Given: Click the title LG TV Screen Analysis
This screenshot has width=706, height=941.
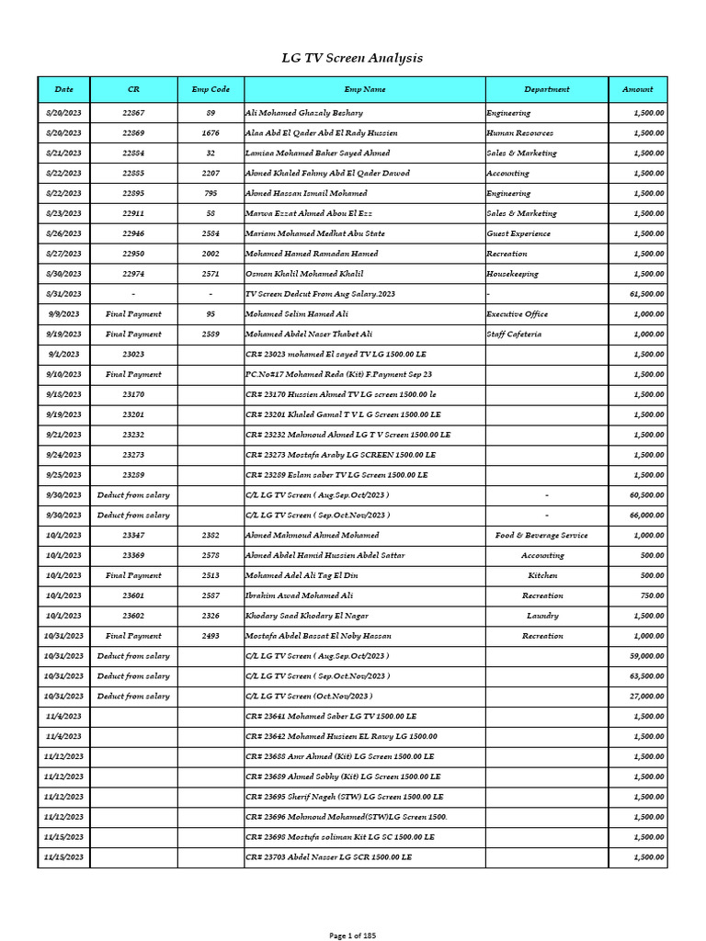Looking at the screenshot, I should [x=352, y=58].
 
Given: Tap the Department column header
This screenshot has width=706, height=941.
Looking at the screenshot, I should [x=547, y=89].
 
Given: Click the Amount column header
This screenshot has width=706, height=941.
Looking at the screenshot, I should [x=638, y=89].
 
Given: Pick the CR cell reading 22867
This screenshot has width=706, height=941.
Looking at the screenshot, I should [x=133, y=113].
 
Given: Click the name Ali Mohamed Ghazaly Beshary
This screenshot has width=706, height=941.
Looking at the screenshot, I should [x=303, y=113].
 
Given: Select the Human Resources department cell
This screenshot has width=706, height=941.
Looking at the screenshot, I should [x=520, y=133].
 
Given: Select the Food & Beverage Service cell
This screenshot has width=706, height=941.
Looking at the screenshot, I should [x=542, y=536].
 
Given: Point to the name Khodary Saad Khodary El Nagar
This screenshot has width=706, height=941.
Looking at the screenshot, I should [x=307, y=616].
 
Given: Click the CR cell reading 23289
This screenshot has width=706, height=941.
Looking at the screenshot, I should [x=133, y=475].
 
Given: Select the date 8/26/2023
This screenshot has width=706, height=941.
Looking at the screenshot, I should [x=63, y=233].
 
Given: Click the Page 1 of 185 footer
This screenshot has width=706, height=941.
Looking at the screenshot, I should [x=353, y=935].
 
